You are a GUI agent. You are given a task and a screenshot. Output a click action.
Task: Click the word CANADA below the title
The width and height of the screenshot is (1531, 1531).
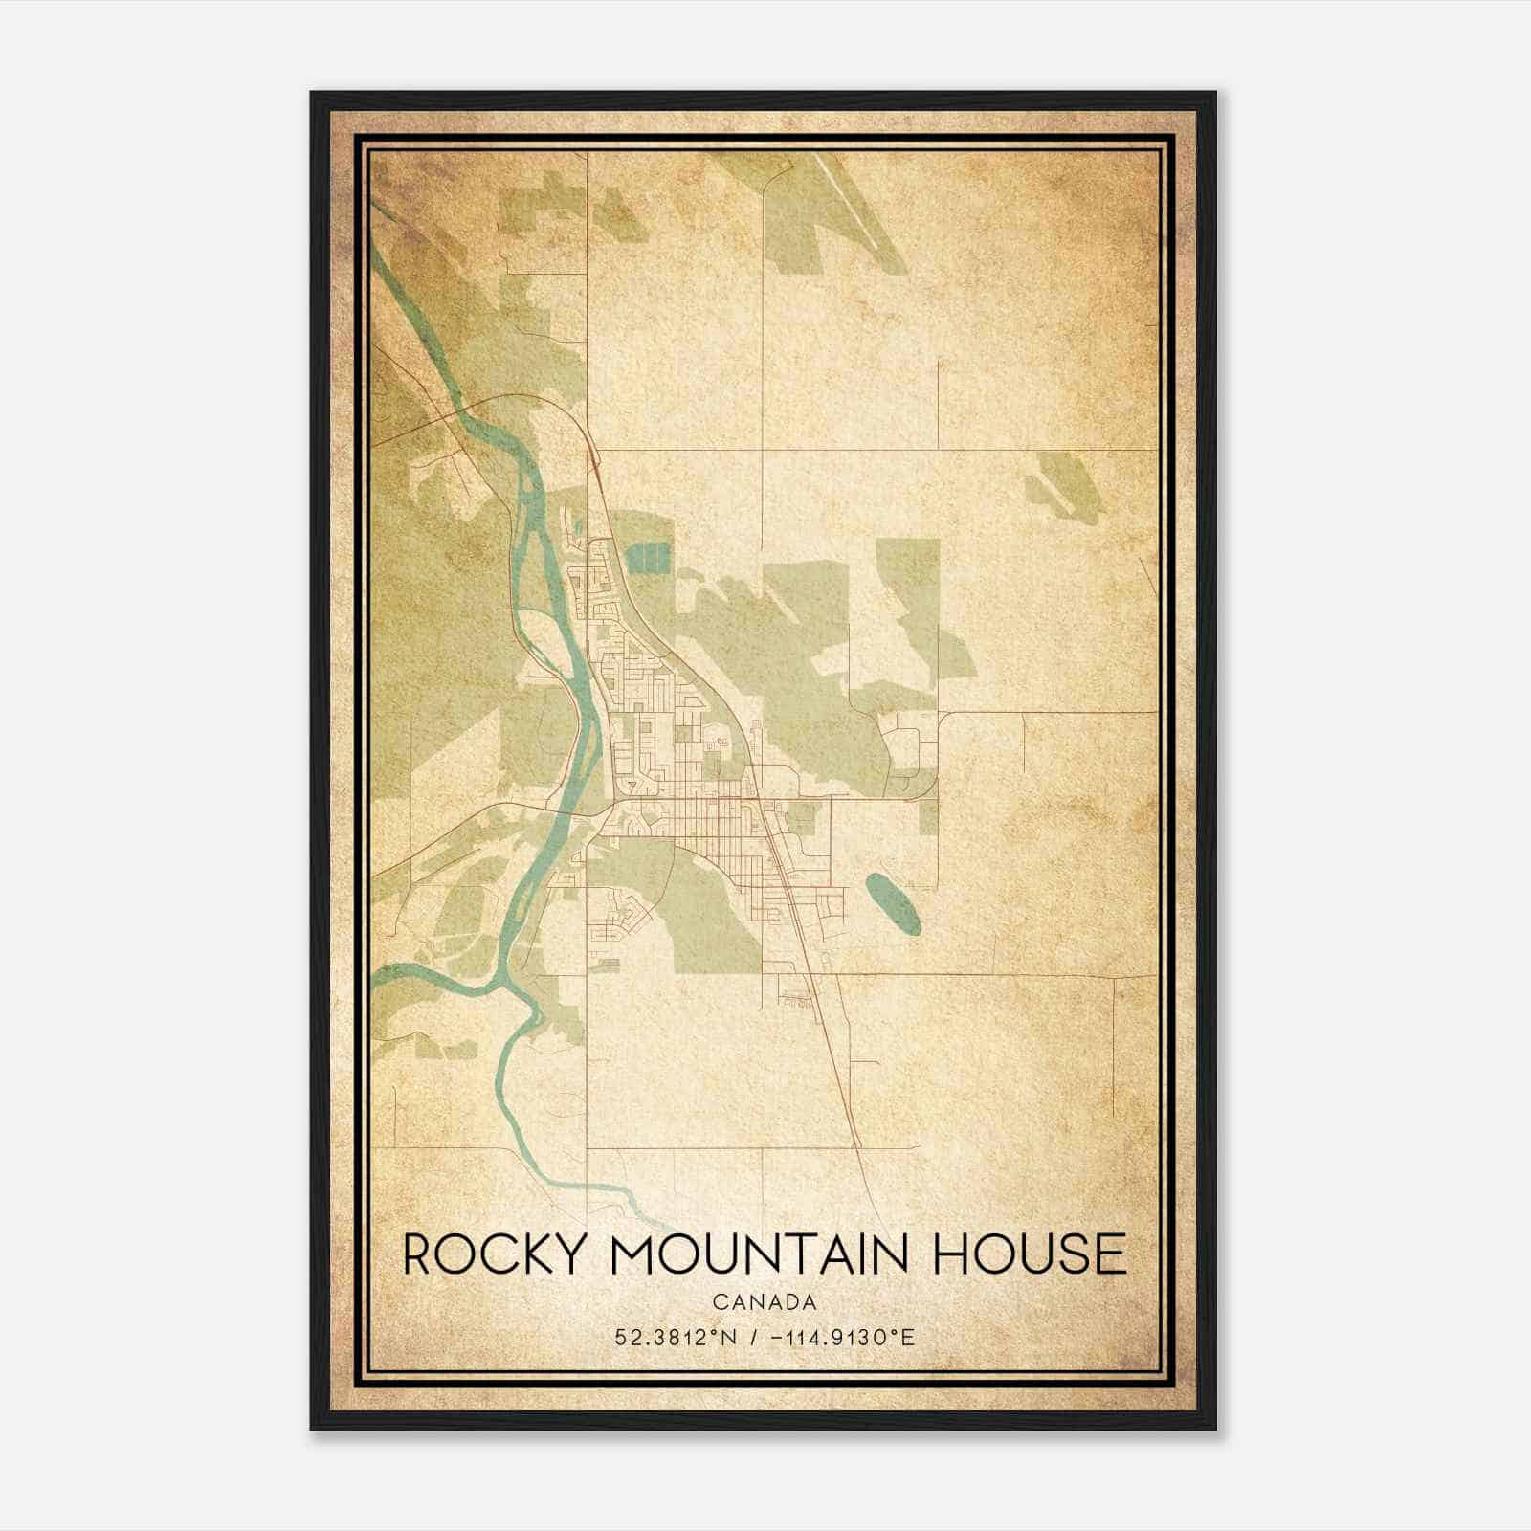(x=764, y=1302)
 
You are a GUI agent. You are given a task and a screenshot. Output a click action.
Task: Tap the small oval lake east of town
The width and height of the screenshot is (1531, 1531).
(x=894, y=902)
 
